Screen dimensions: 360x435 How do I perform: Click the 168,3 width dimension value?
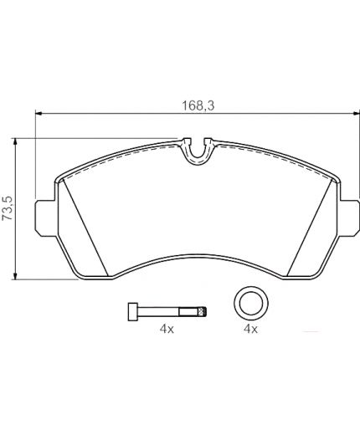[x=198, y=106]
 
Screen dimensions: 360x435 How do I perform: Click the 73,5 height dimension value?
[x=8, y=208]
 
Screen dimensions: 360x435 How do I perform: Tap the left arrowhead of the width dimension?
[x=39, y=113]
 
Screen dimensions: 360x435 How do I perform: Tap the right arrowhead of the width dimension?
[x=356, y=113]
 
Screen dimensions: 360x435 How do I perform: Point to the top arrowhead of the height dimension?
[x=16, y=141]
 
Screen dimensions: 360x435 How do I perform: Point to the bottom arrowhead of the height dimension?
[x=16, y=276]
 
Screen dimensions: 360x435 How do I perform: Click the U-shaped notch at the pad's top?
[x=198, y=153]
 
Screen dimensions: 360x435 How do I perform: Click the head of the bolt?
[x=133, y=311]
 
